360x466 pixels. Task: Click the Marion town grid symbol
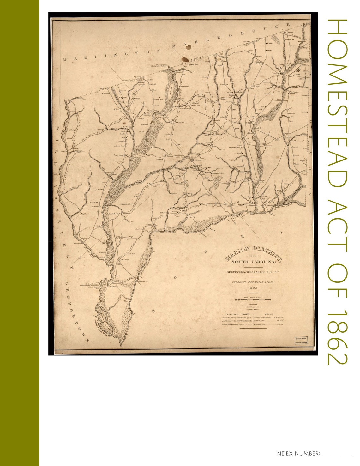pyautogui.click(x=192, y=160)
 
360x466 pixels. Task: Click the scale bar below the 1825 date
pyautogui.click(x=253, y=299)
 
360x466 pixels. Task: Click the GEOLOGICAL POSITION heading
pyautogui.click(x=236, y=314)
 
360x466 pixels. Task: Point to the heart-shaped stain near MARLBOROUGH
pyautogui.click(x=188, y=48)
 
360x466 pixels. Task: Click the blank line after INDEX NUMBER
pyautogui.click(x=337, y=454)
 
